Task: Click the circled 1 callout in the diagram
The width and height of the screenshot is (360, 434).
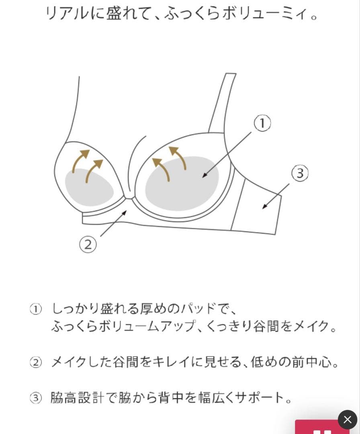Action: click(x=262, y=123)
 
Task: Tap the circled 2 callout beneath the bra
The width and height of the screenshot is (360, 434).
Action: click(x=88, y=244)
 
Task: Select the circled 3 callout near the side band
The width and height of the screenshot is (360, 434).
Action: click(x=300, y=173)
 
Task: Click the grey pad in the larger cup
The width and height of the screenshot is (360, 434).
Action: click(x=182, y=184)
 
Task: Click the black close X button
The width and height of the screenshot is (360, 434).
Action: click(x=347, y=419)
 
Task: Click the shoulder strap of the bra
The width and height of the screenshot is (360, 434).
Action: click(x=223, y=103)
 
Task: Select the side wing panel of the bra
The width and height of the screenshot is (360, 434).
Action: click(x=256, y=208)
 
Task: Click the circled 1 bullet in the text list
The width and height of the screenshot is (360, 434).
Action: click(x=36, y=309)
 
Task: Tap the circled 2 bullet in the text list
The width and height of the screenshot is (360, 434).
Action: click(x=36, y=362)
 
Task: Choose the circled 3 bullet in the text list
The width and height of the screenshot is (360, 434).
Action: click(x=36, y=398)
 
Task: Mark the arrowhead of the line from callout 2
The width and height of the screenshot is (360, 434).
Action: click(x=125, y=213)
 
